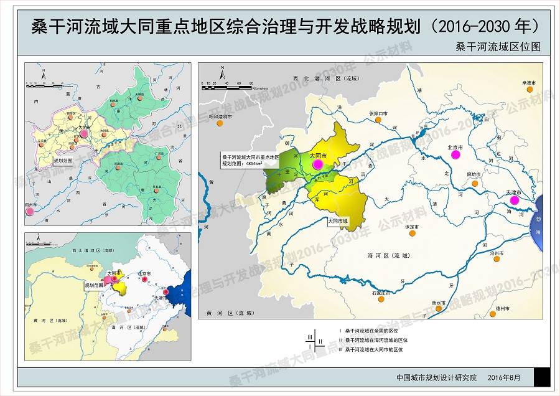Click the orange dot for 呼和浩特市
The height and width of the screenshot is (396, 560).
[220, 123]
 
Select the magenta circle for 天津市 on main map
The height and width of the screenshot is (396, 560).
[514, 200]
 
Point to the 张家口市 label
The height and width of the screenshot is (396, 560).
[378, 114]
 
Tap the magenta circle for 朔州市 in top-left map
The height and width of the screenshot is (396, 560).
[30, 212]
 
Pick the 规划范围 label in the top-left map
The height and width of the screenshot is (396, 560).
[64, 161]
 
